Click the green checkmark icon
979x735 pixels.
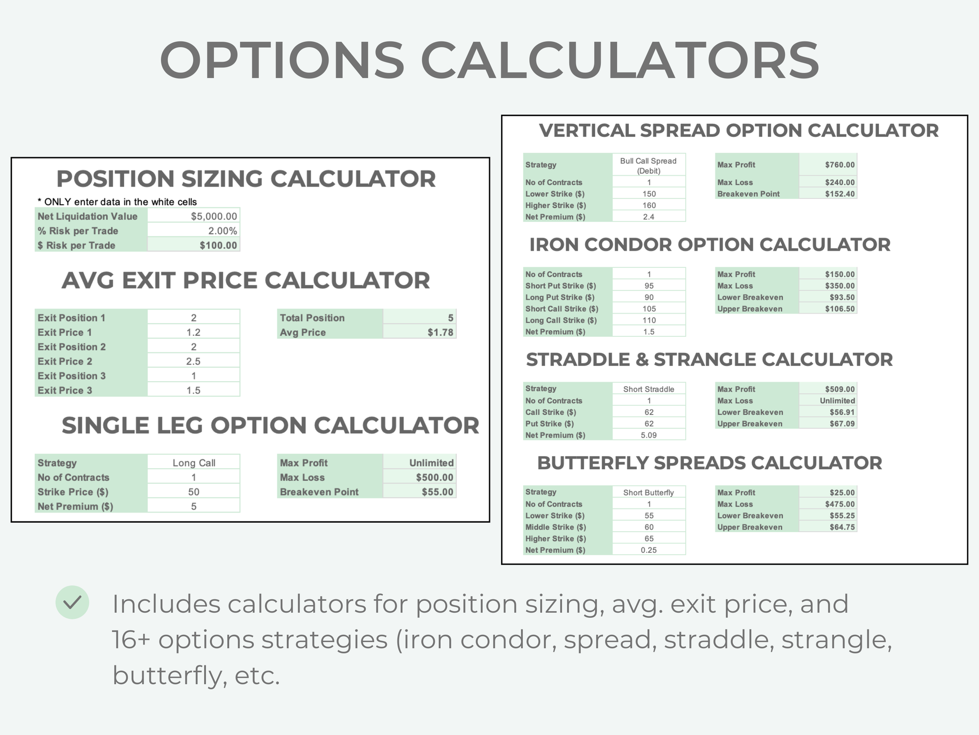[72, 602]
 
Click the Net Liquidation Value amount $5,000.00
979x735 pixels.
[214, 216]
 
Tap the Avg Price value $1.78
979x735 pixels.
[440, 332]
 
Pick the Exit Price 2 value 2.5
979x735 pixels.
[193, 361]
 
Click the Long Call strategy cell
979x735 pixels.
[194, 463]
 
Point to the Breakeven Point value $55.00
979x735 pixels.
[437, 492]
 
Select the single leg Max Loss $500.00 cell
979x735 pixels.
[434, 477]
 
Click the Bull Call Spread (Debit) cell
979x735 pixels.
[648, 165]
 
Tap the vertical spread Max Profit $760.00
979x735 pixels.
[840, 165]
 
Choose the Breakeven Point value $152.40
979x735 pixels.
[840, 194]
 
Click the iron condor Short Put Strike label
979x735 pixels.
[560, 286]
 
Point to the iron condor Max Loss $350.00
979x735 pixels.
[840, 286]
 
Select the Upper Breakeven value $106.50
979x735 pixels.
[840, 309]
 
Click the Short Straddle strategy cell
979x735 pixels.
[648, 389]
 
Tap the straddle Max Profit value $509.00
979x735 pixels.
[840, 389]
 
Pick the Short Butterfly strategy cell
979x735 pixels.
[648, 492]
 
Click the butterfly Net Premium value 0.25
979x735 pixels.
[648, 550]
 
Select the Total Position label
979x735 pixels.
[312, 318]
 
